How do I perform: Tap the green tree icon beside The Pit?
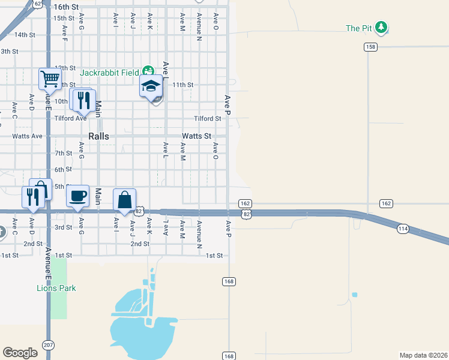click(382, 28)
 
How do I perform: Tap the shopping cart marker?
click(50, 79)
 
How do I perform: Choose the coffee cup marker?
click(78, 196)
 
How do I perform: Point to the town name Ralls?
click(99, 136)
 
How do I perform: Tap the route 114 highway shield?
click(403, 228)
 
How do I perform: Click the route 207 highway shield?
click(48, 345)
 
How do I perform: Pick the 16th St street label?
click(66, 7)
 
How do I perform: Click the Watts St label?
click(197, 136)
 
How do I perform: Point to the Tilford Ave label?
click(70, 118)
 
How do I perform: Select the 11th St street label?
click(182, 85)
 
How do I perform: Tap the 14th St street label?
click(25, 35)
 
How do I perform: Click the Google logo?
click(20, 352)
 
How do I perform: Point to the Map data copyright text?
click(424, 355)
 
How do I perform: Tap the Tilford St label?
click(207, 118)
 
